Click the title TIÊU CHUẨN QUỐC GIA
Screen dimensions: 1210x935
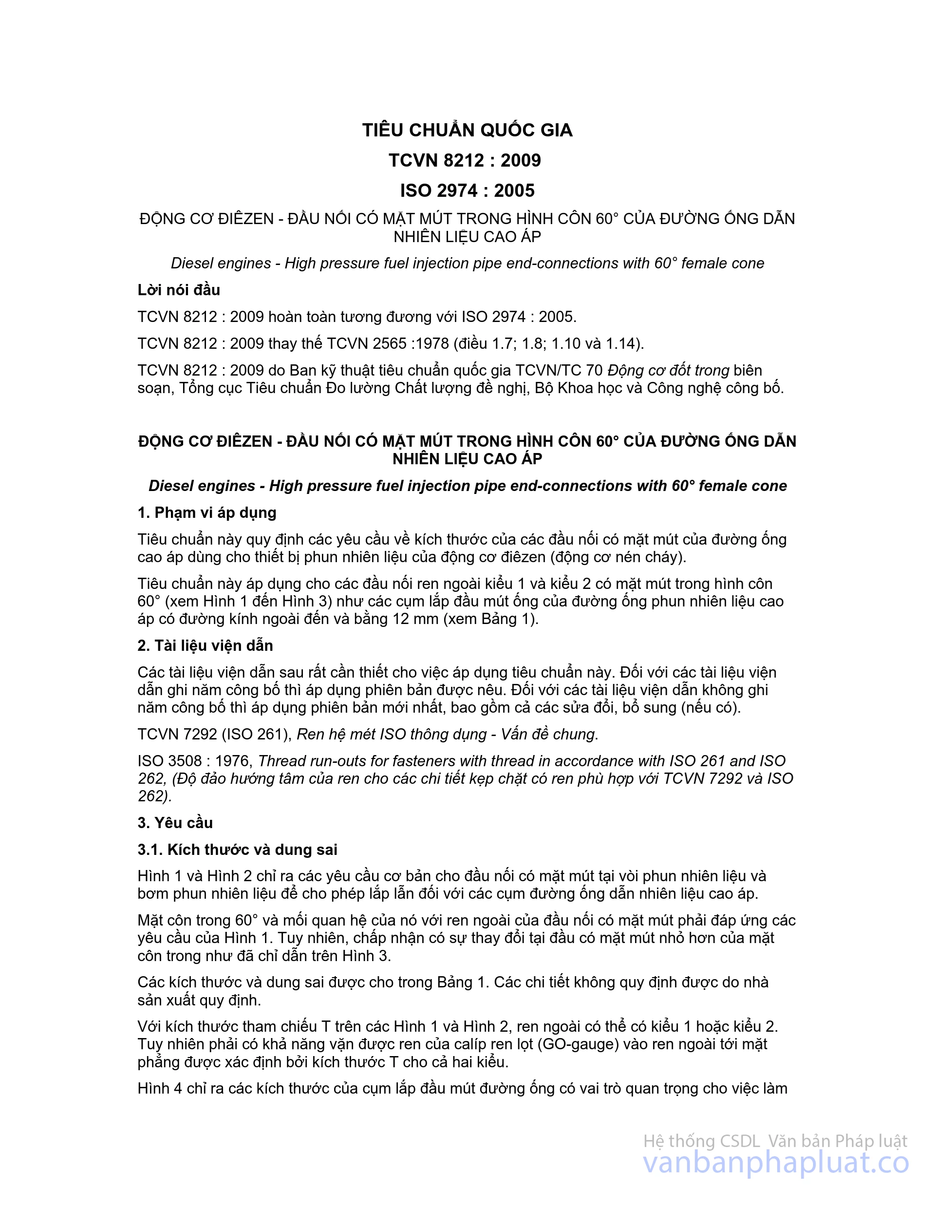coord(467,130)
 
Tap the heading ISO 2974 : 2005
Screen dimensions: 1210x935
coord(467,190)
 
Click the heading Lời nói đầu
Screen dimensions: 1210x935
coord(178,290)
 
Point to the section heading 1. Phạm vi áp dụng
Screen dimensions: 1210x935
coord(206,512)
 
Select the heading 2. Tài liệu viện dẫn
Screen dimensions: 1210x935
coord(205,645)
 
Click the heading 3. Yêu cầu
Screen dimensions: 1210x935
coord(175,823)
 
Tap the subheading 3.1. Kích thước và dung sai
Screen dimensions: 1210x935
coord(237,850)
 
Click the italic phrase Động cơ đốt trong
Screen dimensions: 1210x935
coord(668,370)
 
